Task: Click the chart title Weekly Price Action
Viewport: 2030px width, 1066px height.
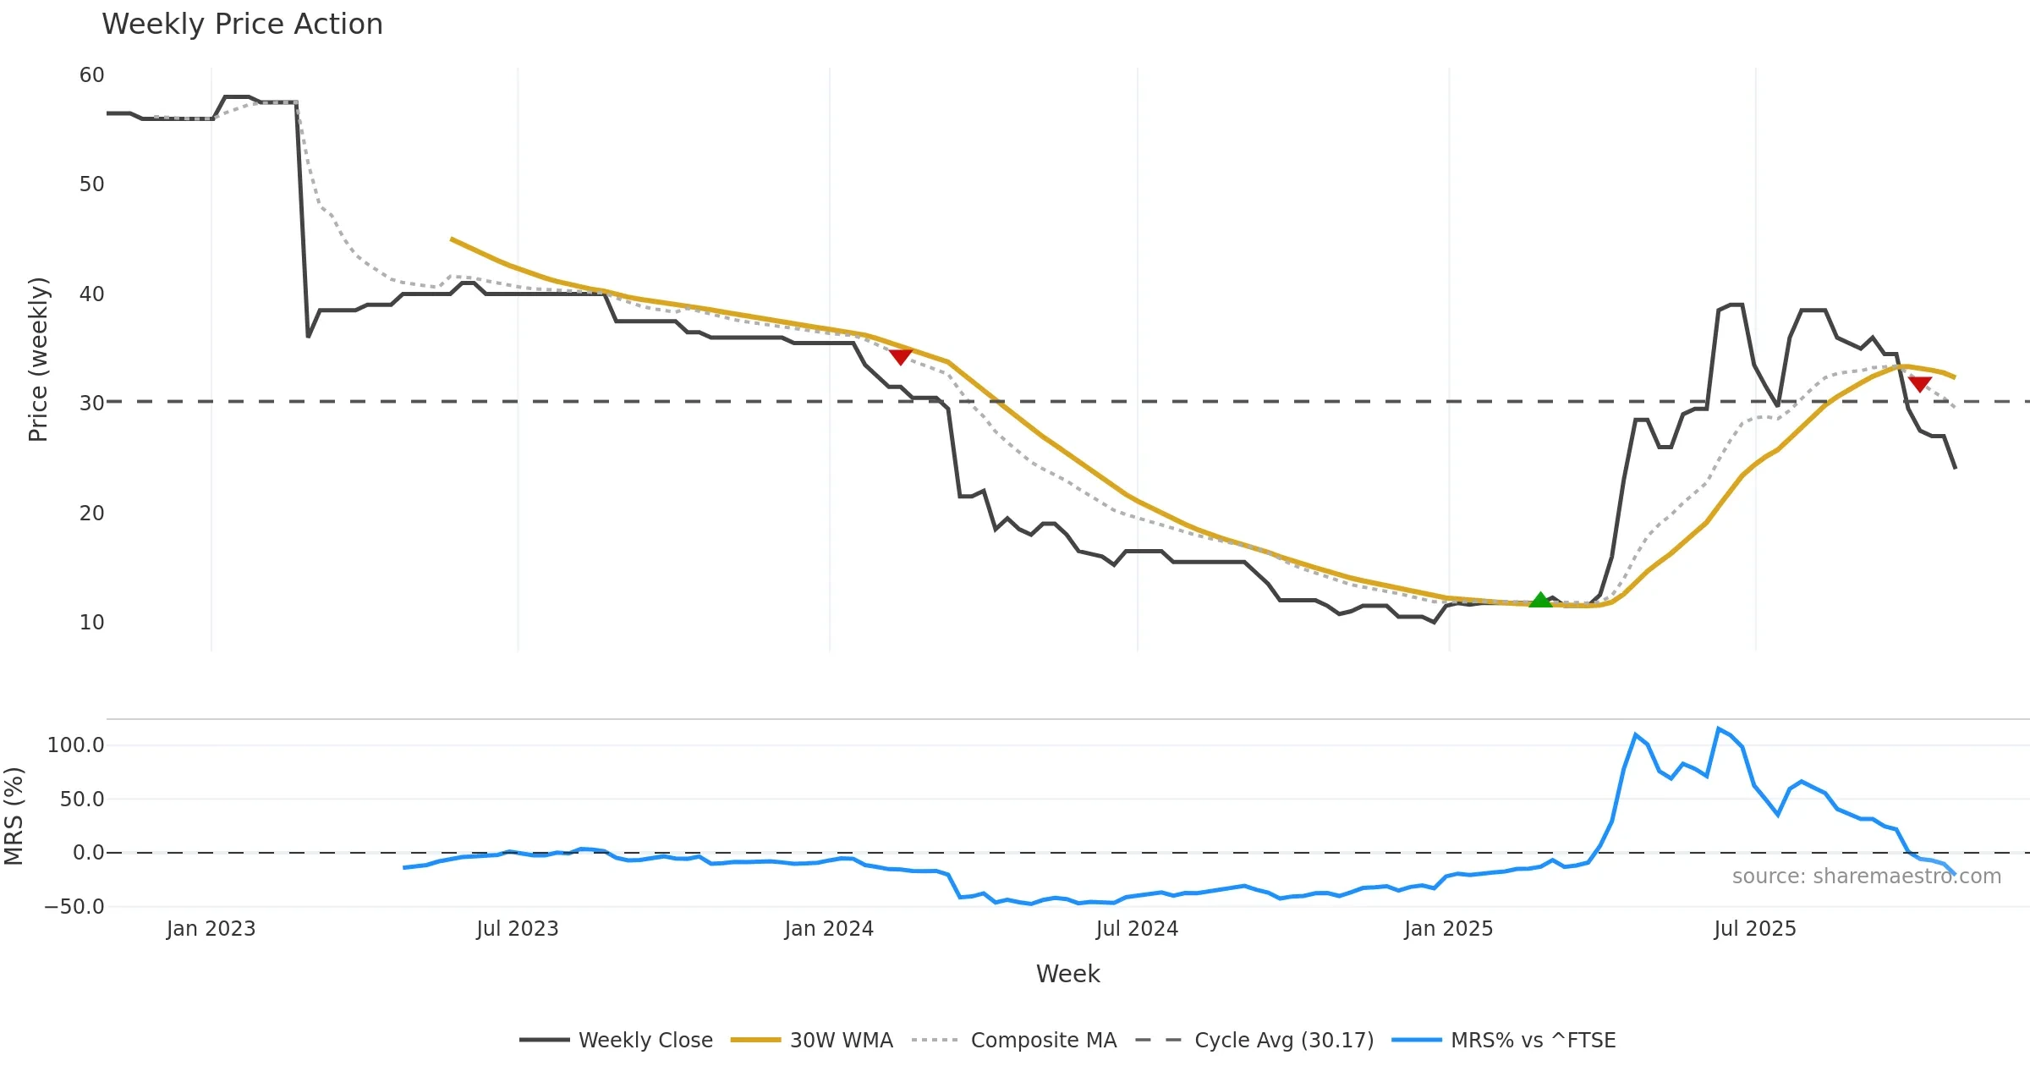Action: tap(242, 25)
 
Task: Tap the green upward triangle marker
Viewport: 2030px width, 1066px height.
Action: tap(1540, 600)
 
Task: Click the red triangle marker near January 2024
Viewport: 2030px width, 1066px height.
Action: tap(901, 357)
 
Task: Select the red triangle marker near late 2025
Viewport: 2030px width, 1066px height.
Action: tap(1920, 384)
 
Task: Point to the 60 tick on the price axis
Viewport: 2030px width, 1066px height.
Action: tap(91, 75)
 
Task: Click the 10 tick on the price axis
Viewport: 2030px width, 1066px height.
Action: tap(91, 623)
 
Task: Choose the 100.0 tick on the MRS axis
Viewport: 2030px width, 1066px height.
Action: tap(76, 745)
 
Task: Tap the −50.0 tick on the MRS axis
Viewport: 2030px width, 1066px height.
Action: tap(74, 907)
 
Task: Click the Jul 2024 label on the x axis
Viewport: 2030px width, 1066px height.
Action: tap(1137, 929)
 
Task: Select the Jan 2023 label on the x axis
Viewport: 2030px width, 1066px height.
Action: tap(211, 929)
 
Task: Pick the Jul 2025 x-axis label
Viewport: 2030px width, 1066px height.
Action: tap(1755, 929)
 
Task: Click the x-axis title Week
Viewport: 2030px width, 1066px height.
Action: tap(1067, 975)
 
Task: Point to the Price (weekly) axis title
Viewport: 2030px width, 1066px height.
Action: tap(39, 360)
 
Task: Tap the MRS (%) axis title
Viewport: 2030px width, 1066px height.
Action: tap(14, 816)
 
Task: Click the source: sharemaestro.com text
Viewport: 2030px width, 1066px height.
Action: tap(1866, 876)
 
